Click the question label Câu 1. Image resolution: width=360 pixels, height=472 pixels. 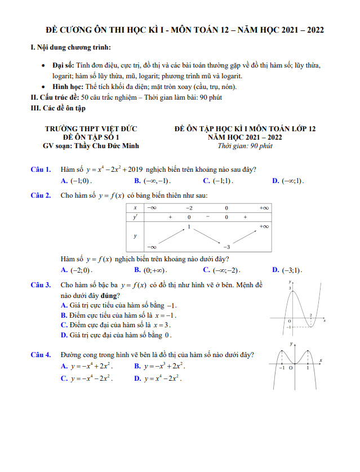tap(41, 169)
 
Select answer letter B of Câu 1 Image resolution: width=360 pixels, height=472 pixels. tap(137, 181)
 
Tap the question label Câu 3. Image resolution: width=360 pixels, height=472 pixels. tap(41, 286)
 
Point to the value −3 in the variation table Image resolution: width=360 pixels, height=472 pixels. tap(226, 247)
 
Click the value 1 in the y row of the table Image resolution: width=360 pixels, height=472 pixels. tap(189, 227)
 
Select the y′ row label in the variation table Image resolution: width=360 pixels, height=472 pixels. tap(135, 217)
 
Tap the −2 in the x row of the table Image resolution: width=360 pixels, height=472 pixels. tap(189, 208)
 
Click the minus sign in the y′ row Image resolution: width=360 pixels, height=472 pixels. tap(207, 217)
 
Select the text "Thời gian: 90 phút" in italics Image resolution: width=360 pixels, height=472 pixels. tap(245, 146)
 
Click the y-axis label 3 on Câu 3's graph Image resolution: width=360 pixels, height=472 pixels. tap(290, 288)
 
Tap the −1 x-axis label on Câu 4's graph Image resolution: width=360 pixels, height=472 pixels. tap(282, 368)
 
